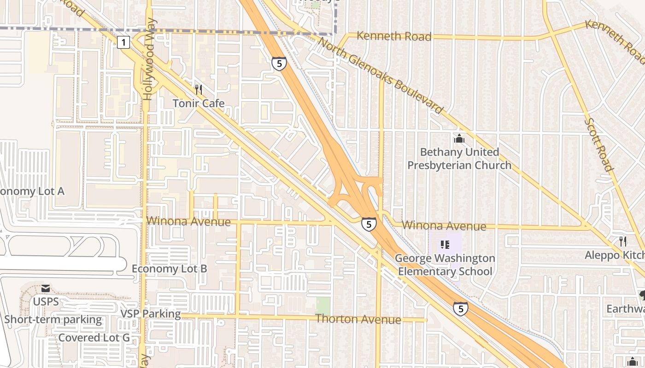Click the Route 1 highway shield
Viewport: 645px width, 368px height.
[123, 43]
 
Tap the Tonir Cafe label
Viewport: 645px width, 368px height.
[199, 103]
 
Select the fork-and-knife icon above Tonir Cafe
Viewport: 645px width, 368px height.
[199, 89]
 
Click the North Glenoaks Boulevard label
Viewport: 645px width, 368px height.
[381, 76]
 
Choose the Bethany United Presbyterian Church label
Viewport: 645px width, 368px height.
[459, 159]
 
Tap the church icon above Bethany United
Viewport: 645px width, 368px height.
[459, 138]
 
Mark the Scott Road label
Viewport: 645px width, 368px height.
[599, 144]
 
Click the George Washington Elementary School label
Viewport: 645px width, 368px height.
[445, 265]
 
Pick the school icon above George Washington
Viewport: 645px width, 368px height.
[445, 245]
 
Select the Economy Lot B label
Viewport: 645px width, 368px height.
[170, 269]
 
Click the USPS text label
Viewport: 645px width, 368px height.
[46, 302]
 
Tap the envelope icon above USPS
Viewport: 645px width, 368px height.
[46, 288]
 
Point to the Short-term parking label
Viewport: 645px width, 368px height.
[53, 319]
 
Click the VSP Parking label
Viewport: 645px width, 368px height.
[151, 314]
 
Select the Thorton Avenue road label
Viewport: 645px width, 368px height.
[358, 319]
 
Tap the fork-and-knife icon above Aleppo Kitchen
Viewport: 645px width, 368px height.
[623, 241]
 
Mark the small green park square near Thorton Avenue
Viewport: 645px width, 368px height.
[323, 304]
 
